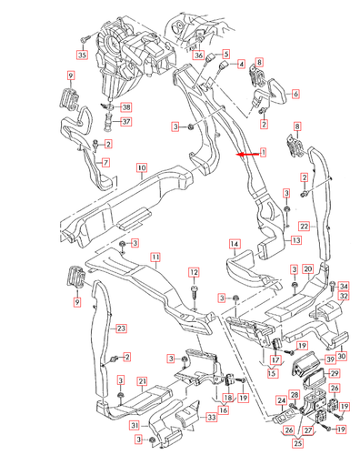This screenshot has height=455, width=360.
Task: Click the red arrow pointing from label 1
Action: click(247, 155)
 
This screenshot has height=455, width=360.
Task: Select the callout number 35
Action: click(82, 55)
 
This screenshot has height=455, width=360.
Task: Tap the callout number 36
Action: click(198, 56)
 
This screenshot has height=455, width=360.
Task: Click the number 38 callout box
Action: click(126, 107)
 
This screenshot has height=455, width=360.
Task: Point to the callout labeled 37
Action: click(126, 122)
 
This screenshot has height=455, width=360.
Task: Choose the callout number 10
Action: click(142, 167)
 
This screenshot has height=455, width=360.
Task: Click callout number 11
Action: click(155, 258)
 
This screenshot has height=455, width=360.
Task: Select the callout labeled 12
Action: click(194, 272)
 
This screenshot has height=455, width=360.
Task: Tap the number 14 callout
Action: click(235, 244)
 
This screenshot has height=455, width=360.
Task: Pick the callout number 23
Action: click(121, 329)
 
